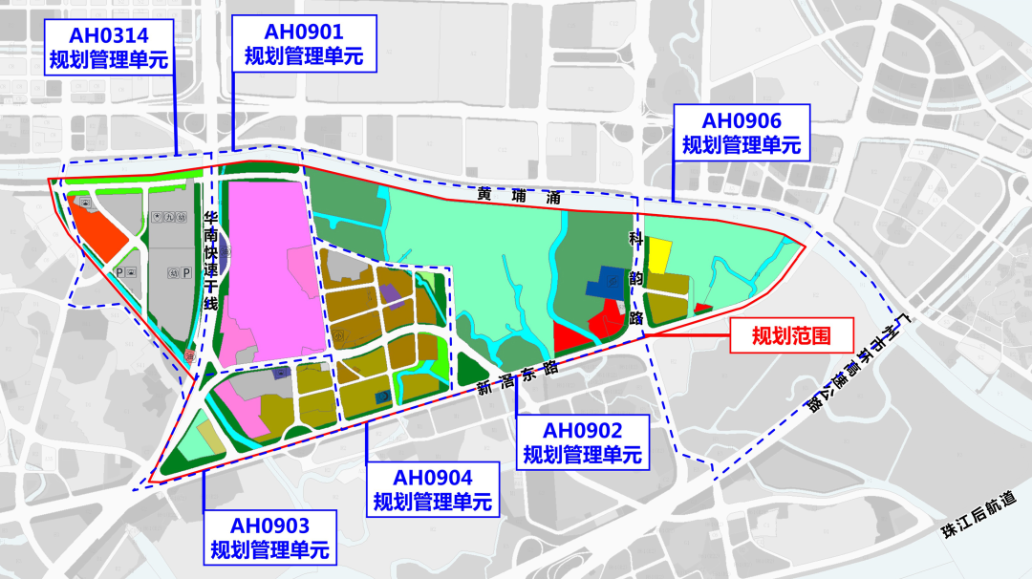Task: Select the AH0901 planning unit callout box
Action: (304, 44)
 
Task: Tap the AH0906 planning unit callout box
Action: (742, 134)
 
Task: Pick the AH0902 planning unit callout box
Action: (581, 442)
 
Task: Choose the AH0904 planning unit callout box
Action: (432, 488)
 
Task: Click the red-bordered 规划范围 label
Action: (789, 336)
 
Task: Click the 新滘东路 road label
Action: (517, 378)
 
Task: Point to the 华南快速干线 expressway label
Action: (211, 259)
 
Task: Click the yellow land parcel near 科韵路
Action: (658, 254)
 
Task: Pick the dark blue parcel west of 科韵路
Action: (602, 284)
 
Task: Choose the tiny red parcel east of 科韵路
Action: (702, 308)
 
